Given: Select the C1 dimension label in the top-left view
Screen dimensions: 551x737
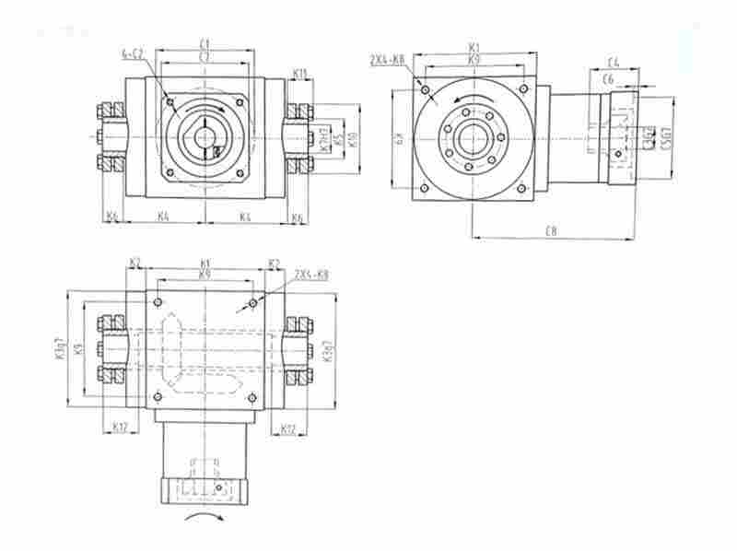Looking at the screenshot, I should (x=205, y=42).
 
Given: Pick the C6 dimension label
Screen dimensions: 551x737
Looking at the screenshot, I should (x=608, y=81).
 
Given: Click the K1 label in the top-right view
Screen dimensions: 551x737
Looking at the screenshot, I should (x=474, y=45).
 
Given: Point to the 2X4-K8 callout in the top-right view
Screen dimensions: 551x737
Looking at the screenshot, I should (x=387, y=60).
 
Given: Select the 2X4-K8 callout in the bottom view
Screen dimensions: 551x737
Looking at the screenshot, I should (x=311, y=275).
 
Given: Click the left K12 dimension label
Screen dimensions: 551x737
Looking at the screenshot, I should (x=119, y=427).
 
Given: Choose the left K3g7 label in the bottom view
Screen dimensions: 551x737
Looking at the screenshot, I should (x=60, y=350).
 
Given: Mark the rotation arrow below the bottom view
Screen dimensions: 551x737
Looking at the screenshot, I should (x=205, y=521).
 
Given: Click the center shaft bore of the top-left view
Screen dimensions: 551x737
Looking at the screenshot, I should (x=205, y=136).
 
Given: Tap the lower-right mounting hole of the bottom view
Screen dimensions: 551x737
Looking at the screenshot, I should (x=252, y=397).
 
